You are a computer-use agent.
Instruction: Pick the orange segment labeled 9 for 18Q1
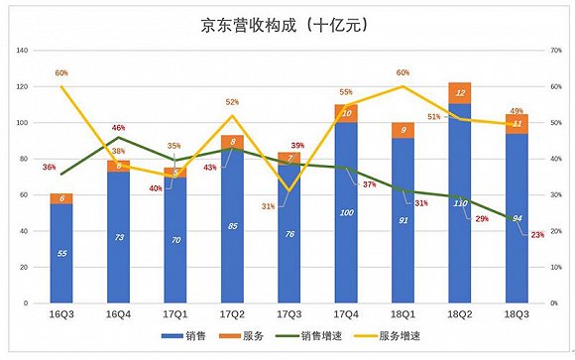pos(402,130)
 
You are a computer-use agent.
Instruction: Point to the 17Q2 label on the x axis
pos(232,314)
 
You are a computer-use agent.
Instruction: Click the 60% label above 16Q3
pos(61,73)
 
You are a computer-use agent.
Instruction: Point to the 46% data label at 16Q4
pos(118,128)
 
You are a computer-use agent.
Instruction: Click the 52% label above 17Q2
pos(231,102)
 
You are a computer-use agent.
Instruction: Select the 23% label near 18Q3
pos(536,235)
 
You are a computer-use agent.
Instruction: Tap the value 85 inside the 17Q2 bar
pos(232,226)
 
